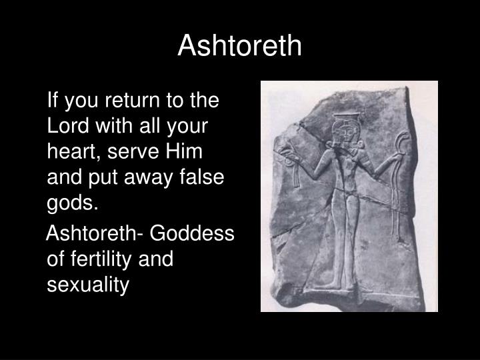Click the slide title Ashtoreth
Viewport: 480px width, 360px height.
(240, 45)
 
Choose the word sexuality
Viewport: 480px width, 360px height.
(87, 285)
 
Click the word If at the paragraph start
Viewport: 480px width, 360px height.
(54, 101)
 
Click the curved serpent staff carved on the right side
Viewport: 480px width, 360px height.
(401, 173)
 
